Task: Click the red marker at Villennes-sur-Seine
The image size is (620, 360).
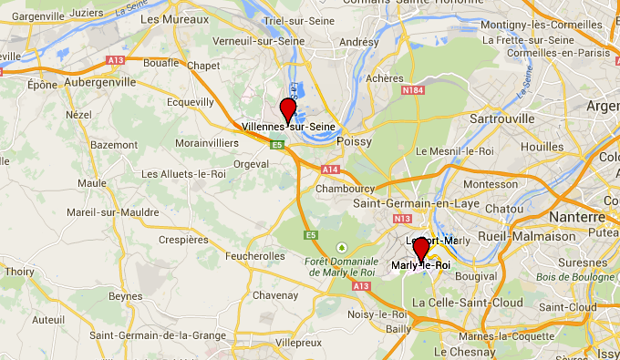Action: pos(288,108)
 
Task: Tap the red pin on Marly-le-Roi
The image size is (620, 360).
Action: pos(421,248)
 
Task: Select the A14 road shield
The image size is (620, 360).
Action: pos(329,170)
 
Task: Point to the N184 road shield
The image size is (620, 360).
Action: pos(412,89)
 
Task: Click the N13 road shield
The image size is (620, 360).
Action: pos(402,219)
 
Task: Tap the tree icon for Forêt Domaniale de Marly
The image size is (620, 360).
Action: pos(342,246)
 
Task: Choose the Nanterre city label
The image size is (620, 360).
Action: pos(577,217)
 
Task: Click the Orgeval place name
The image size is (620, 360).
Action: pos(251,164)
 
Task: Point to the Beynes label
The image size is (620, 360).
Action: pos(126,296)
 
